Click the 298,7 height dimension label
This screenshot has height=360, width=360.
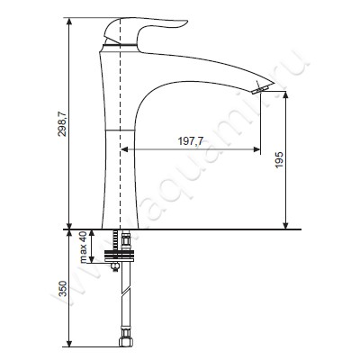pos(62,123)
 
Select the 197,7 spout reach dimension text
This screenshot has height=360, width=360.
pos(191,140)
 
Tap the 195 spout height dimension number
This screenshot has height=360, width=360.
pos(279,160)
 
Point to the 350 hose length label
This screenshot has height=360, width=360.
pos(62,289)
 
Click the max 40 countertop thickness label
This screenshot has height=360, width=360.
pos(83,247)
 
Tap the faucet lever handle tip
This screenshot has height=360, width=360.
pos(186,22)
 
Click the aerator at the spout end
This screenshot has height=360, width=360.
pos(261,89)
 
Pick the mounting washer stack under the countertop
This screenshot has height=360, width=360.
pos(120,256)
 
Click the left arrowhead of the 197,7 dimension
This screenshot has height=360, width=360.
pos(124,149)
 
